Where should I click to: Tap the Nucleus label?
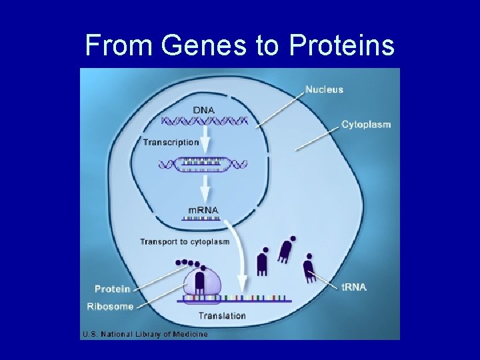coord(324,89)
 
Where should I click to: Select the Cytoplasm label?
coord(366,124)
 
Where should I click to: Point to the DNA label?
coord(204,109)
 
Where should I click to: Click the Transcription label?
coord(171,142)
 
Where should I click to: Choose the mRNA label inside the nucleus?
coord(203,210)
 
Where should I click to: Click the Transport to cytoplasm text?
coord(184,241)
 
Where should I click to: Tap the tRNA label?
coord(354,287)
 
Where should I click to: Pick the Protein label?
coord(112,289)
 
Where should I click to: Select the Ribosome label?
coord(110,307)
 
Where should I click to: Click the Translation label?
coord(222,315)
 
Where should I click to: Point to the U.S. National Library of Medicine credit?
coord(145,334)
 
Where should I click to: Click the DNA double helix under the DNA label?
coord(205,121)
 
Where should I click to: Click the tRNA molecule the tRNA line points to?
coord(309,269)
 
